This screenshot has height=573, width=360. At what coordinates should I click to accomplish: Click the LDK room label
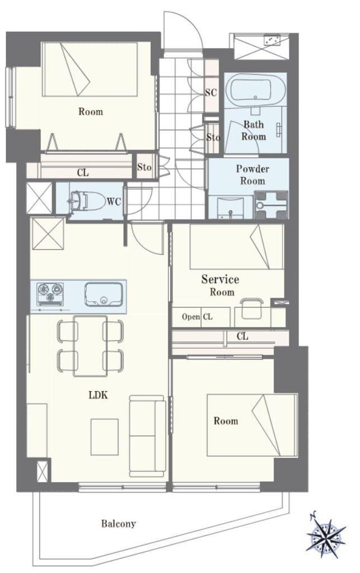(x=99, y=394)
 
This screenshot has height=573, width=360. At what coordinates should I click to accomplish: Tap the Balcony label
(x=119, y=524)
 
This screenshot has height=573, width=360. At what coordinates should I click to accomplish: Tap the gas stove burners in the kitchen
(x=50, y=293)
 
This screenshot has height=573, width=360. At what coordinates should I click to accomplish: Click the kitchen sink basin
(x=104, y=294)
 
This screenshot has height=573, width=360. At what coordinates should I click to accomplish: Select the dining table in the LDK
(x=90, y=346)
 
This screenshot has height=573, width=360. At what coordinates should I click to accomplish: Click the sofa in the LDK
(x=148, y=435)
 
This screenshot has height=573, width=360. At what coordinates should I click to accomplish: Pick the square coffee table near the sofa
(x=105, y=436)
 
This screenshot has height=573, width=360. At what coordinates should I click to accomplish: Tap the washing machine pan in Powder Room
(x=271, y=205)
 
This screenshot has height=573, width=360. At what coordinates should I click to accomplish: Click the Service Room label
(x=221, y=285)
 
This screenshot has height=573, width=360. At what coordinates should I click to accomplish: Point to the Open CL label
(x=197, y=317)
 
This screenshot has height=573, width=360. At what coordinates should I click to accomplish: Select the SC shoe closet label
(x=211, y=93)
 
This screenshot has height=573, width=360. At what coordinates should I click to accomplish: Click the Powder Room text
(x=252, y=175)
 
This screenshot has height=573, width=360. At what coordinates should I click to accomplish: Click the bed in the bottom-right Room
(x=252, y=425)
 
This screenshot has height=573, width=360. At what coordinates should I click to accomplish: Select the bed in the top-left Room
(x=91, y=69)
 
